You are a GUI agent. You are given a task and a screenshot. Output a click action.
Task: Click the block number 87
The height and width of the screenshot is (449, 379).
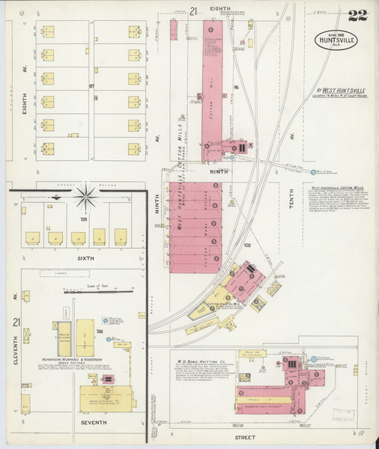click(x=92, y=86)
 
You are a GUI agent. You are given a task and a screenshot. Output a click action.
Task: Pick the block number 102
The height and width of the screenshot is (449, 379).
click(x=247, y=244)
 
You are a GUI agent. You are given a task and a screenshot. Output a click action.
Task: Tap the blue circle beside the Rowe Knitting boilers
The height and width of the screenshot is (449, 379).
click(x=314, y=359)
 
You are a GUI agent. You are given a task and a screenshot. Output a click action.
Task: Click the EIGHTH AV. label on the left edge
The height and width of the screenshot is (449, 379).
click(x=24, y=101)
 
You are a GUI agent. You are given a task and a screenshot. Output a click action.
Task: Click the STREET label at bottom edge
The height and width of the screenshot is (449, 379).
click(x=243, y=436)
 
